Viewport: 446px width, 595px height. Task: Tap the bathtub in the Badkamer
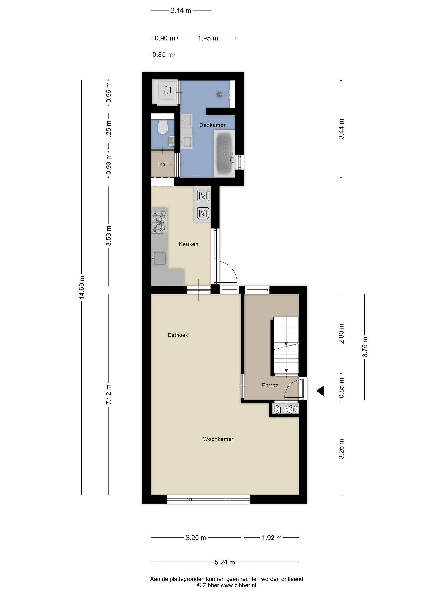pos(224,154)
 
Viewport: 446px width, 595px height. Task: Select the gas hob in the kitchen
pos(159,222)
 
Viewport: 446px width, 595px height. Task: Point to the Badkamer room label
pos(212,125)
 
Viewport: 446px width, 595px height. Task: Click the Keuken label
pos(189,244)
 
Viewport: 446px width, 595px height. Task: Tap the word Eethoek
pos(178,335)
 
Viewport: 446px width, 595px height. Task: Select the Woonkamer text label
pos(218,439)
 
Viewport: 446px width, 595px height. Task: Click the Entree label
pos(270,386)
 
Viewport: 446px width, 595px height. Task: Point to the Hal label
pos(162,165)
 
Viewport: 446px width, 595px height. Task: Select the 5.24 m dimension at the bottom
pos(225,562)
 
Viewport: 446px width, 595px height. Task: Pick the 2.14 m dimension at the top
pos(181,11)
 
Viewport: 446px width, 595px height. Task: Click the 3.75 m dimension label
pos(365,347)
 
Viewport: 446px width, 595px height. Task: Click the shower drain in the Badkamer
pos(220,94)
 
